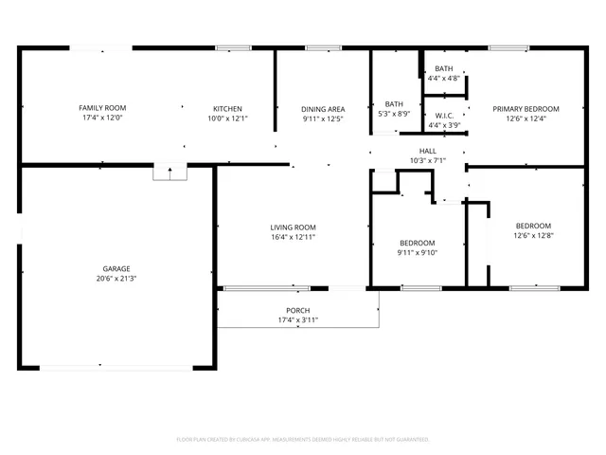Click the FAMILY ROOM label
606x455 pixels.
102,108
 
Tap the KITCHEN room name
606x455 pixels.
227,108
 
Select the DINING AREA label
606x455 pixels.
323,108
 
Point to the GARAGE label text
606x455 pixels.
116,268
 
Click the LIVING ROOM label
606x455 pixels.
293,227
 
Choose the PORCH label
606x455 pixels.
297,311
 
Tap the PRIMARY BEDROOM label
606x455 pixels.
526,108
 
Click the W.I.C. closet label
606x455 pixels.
444,115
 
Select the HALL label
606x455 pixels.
427,151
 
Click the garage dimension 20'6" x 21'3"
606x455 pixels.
116,279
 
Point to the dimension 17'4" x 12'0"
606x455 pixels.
102,118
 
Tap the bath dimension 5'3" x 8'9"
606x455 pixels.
395,114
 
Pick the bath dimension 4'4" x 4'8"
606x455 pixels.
444,79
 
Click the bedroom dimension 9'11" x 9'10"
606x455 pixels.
417,251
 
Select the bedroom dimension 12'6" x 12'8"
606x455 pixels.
533,235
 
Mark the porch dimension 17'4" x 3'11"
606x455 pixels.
297,320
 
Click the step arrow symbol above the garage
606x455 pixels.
169,173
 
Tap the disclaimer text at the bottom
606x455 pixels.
303,439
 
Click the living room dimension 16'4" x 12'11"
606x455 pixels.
293,238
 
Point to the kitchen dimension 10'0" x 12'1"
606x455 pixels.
227,118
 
